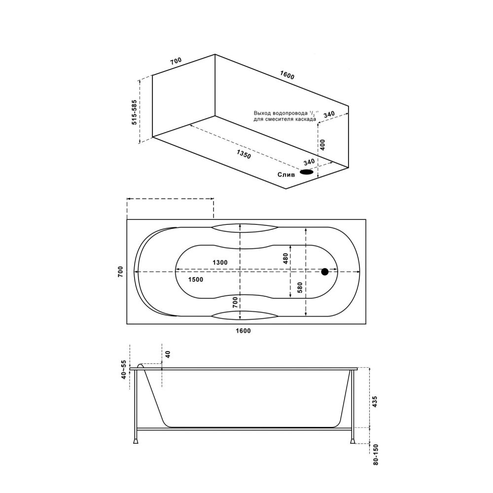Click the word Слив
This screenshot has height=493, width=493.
286,174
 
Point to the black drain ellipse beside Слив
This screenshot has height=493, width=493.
307,172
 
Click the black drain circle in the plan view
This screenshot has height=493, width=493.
324,272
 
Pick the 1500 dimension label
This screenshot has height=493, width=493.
196,280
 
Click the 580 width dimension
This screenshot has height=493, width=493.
298,287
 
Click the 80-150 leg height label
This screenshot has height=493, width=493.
376,455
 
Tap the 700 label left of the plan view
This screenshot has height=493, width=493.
120,272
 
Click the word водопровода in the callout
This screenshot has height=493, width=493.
289,113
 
